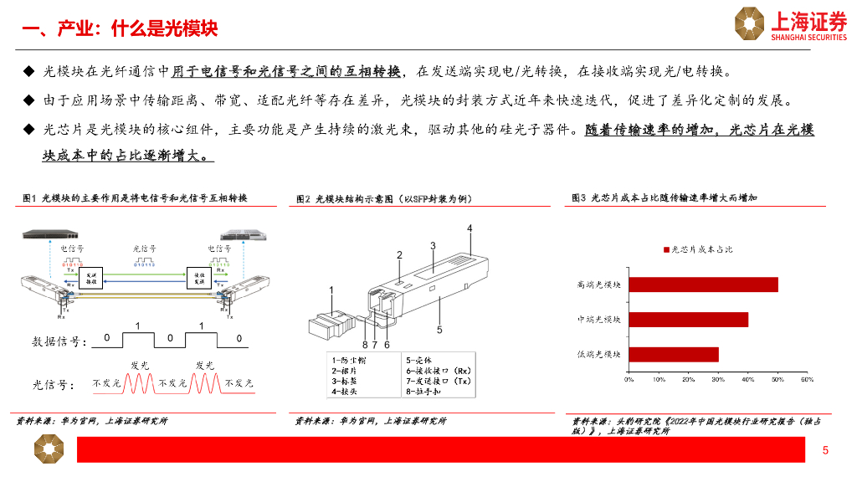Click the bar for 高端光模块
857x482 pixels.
[x=703, y=285]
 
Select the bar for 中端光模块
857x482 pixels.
[x=688, y=320]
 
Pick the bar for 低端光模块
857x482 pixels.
[x=674, y=355]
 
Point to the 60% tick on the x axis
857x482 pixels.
[x=807, y=380]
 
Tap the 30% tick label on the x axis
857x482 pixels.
[x=718, y=380]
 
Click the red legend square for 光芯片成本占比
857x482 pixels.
[x=667, y=249]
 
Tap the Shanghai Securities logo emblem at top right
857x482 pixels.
[x=750, y=23]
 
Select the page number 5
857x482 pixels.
[x=825, y=452]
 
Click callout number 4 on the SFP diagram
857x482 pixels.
[x=470, y=228]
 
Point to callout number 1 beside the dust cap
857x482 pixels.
[x=331, y=290]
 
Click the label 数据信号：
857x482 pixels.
[x=59, y=341]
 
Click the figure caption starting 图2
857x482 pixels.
[x=384, y=199]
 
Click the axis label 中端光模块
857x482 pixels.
[x=599, y=320]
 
